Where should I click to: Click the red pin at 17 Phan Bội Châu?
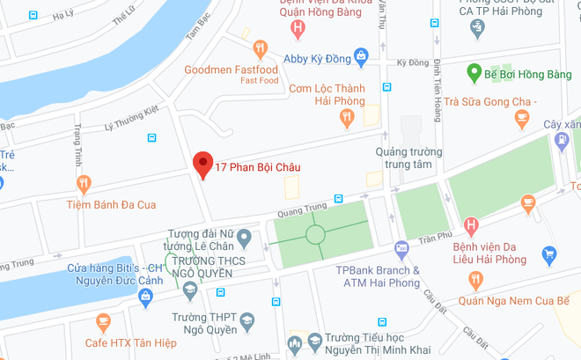(203, 164)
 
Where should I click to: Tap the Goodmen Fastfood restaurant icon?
(260, 49)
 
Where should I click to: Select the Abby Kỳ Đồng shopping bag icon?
(360, 55)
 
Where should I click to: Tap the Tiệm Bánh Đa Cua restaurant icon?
(84, 184)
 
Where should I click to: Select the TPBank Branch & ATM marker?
(401, 249)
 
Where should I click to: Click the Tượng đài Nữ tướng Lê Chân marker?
(245, 237)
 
